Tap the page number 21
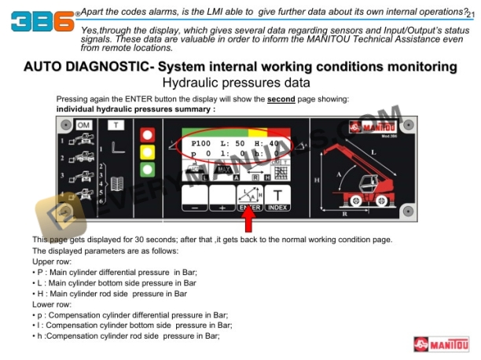pyautogui.click(x=470, y=14)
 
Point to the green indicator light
pyautogui.click(x=146, y=169)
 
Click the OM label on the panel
pyautogui.click(x=85, y=125)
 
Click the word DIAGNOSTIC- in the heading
pyautogui.click(x=111, y=67)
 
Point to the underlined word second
pyautogui.click(x=281, y=99)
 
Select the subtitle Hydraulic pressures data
pyautogui.click(x=236, y=83)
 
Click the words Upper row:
pyautogui.click(x=52, y=261)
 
